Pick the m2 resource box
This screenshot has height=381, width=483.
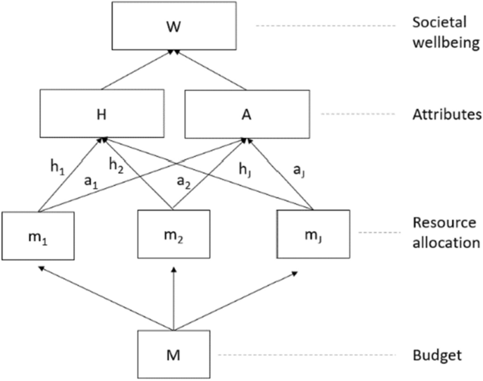tap(172, 232)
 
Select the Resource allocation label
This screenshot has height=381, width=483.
tap(436, 232)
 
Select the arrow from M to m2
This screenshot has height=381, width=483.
tap(172, 296)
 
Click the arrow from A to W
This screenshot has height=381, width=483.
tap(209, 70)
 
